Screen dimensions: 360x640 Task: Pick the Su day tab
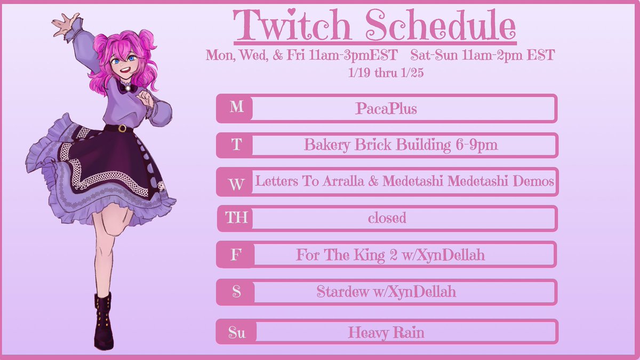pyautogui.click(x=236, y=333)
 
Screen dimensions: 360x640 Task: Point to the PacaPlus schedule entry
pyautogui.click(x=386, y=108)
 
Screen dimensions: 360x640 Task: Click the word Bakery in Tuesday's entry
pyautogui.click(x=326, y=145)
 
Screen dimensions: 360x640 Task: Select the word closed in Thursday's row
pyautogui.click(x=387, y=218)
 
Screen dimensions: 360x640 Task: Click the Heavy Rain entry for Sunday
pyautogui.click(x=386, y=333)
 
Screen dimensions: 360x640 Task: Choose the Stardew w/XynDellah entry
pyautogui.click(x=386, y=292)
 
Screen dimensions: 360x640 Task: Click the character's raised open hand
pyautogui.click(x=63, y=24)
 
